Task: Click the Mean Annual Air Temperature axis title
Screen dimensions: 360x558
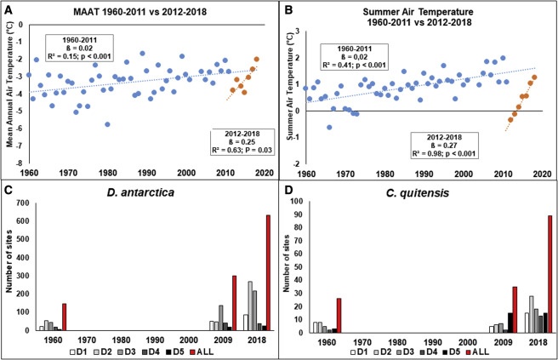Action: (9, 94)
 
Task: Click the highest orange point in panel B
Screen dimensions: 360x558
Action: (534, 77)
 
